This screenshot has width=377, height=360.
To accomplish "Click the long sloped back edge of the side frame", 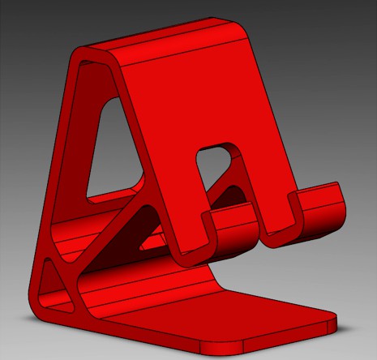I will tap(57, 162).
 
